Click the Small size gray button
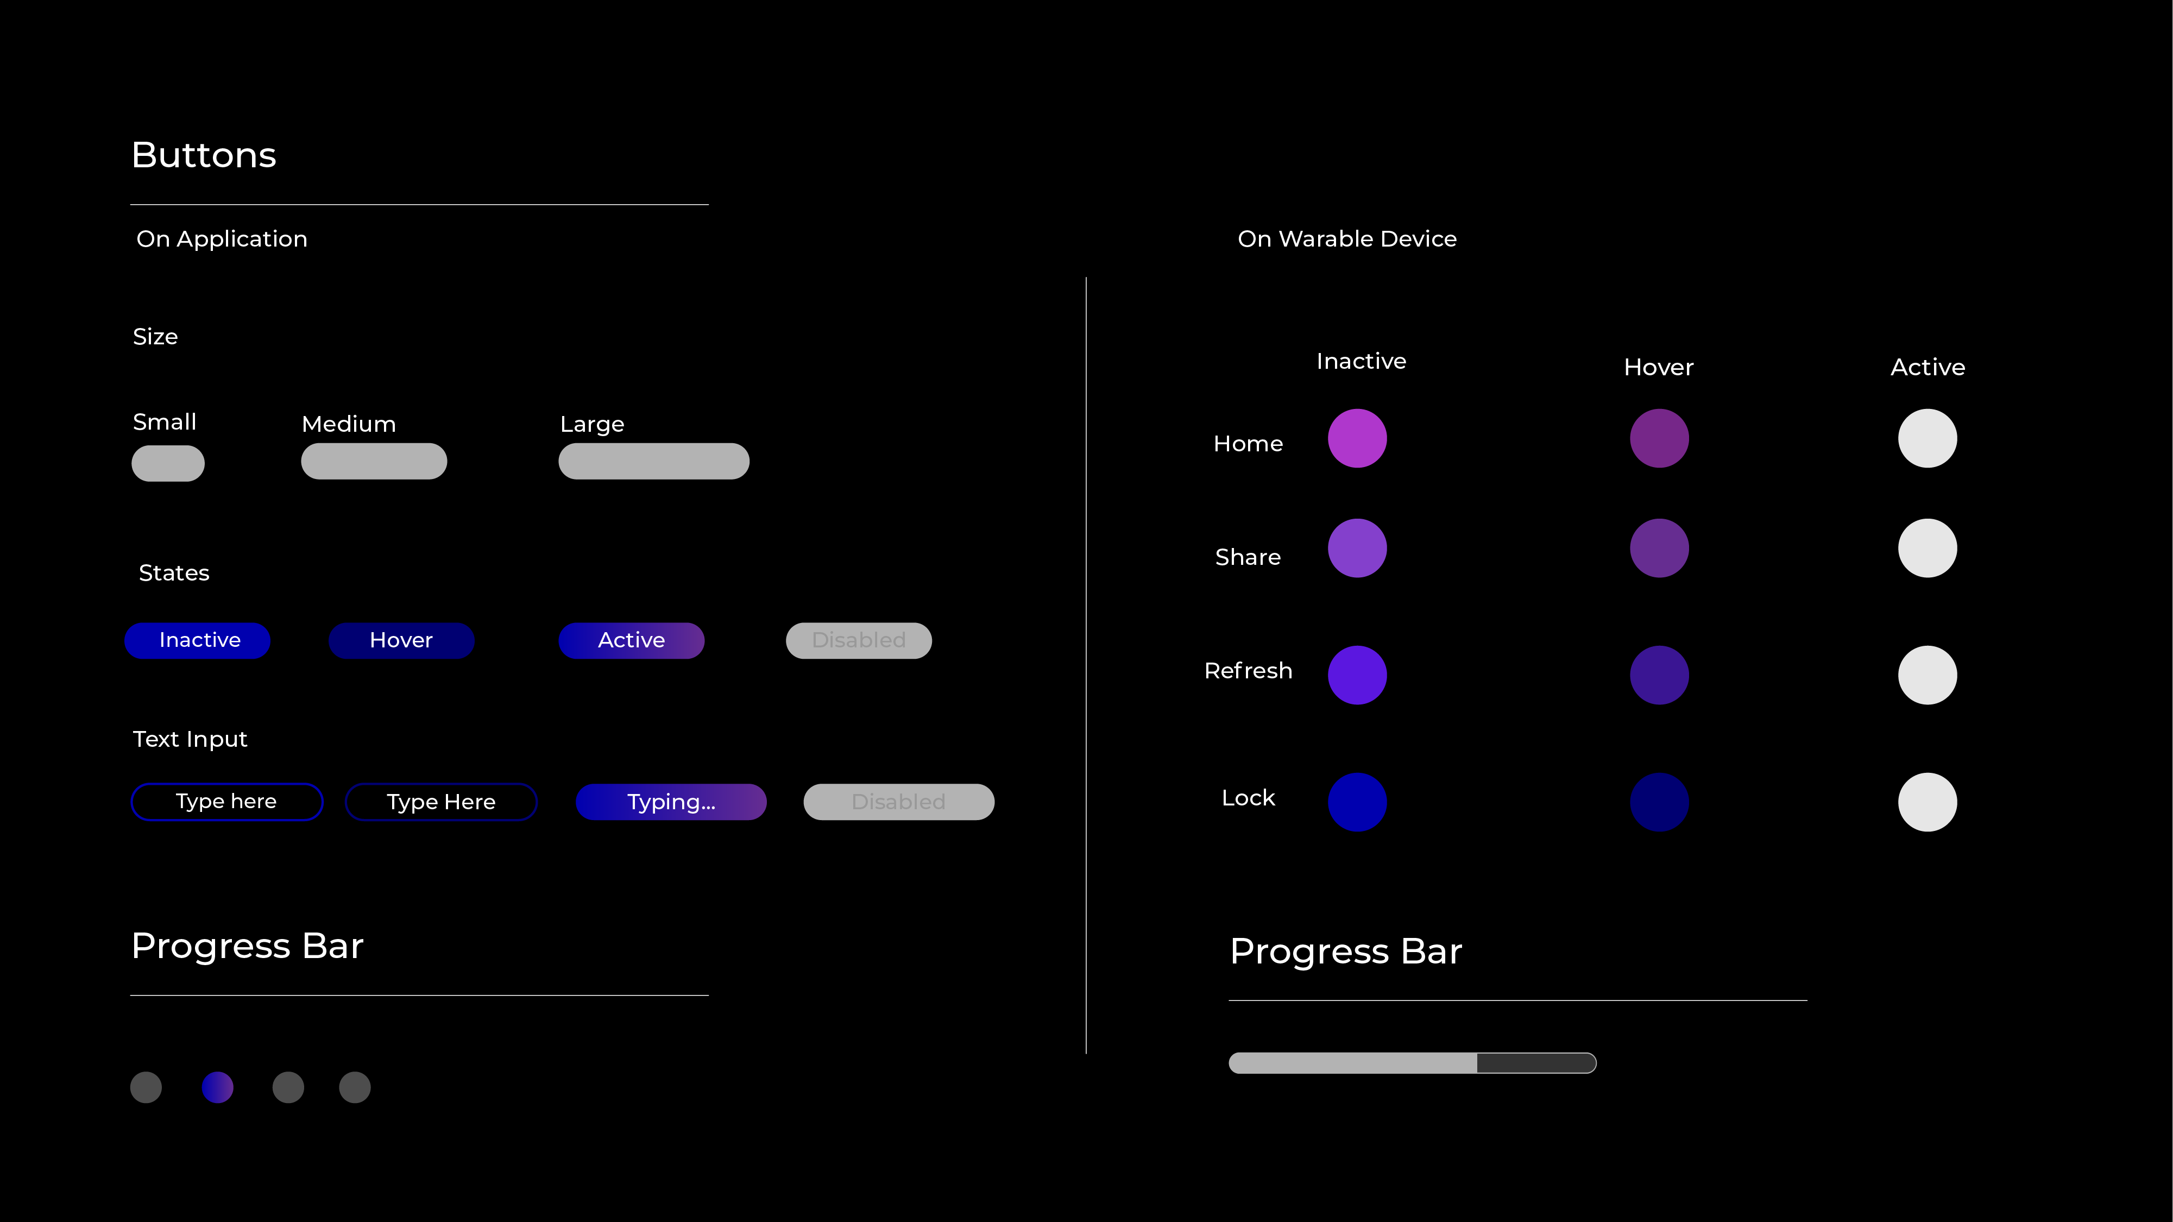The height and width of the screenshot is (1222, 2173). click(168, 463)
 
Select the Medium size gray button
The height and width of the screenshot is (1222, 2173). click(374, 461)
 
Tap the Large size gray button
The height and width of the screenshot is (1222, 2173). click(654, 461)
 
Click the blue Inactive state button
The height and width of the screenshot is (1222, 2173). click(197, 640)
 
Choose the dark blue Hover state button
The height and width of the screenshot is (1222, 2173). click(401, 640)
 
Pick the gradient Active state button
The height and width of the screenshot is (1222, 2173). click(631, 640)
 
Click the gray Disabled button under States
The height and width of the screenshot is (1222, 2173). click(859, 640)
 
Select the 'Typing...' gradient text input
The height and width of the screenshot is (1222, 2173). click(671, 801)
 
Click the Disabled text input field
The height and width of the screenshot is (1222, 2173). click(898, 801)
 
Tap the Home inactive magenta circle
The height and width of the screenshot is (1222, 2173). click(1357, 438)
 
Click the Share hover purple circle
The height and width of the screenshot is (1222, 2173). click(1659, 548)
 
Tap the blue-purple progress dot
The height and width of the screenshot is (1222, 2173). click(218, 1087)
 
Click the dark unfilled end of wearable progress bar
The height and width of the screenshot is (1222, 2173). click(1535, 1063)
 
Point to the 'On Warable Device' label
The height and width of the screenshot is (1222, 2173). click(1347, 238)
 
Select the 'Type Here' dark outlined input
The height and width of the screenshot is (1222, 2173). click(441, 801)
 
